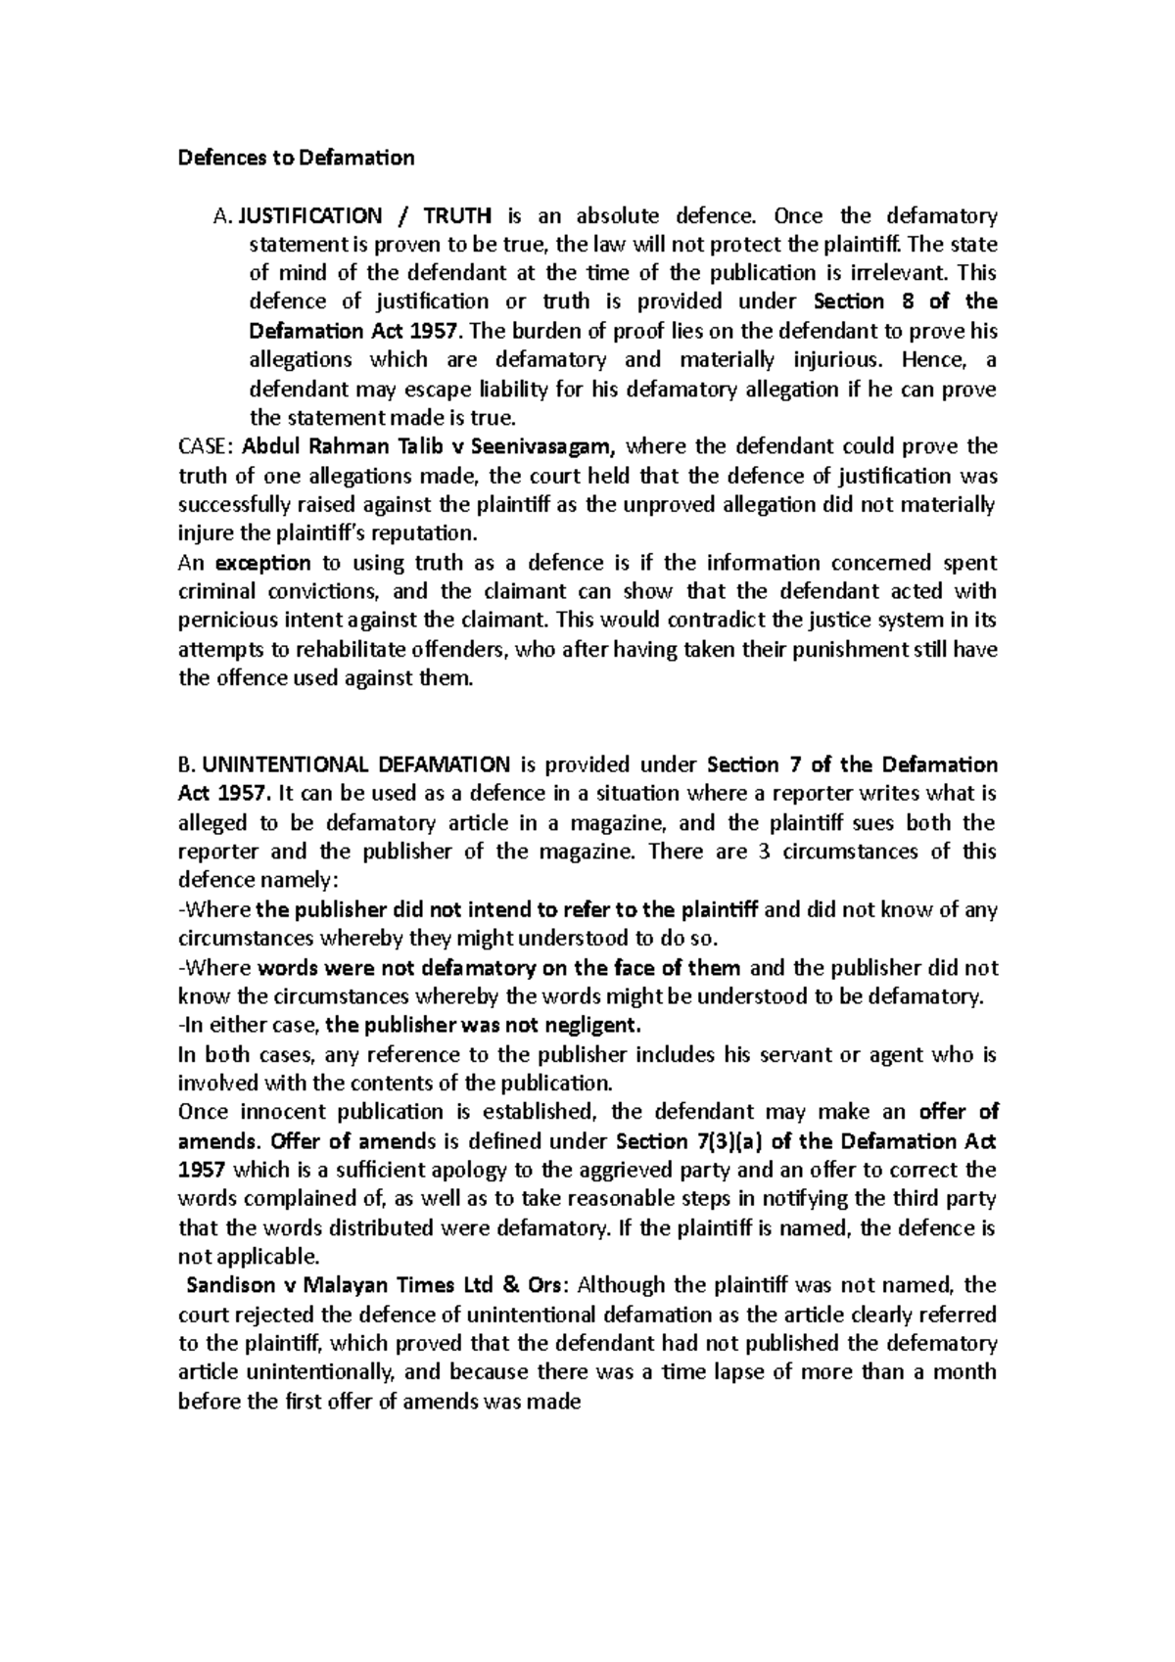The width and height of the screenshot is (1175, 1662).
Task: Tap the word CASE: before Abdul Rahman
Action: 206,447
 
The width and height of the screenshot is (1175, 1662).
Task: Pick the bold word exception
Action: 262,563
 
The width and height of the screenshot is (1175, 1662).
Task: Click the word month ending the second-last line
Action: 965,1372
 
